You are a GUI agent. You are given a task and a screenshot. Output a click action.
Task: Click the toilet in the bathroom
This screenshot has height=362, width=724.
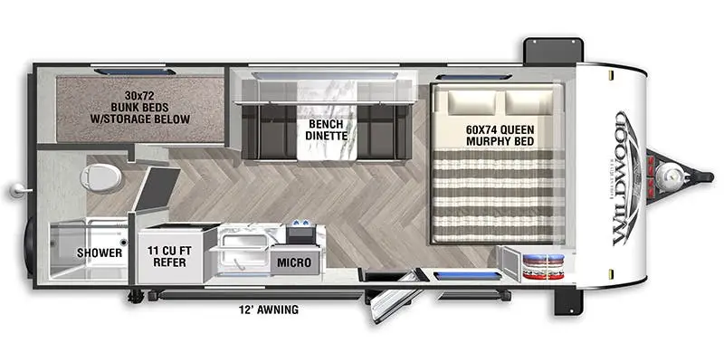coord(101,178)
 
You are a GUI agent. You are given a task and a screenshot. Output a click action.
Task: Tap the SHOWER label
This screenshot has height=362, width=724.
coord(100,253)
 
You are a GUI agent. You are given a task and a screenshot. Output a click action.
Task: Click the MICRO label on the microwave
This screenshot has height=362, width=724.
coord(294,262)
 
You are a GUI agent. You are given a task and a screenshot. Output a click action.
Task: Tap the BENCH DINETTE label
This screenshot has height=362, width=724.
coord(327,129)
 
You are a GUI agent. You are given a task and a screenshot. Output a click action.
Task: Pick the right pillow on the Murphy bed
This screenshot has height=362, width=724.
coord(529,102)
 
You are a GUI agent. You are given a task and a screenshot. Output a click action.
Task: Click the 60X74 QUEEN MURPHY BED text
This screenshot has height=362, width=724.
coord(500,135)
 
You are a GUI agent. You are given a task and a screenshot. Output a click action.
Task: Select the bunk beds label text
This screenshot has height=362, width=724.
coord(140,108)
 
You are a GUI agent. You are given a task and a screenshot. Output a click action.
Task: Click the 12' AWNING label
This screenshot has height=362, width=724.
coord(270,310)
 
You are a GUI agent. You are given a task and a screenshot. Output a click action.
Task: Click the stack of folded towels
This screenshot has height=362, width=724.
coord(544,266)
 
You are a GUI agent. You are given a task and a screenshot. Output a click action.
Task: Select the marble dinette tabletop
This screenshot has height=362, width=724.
coord(327,120)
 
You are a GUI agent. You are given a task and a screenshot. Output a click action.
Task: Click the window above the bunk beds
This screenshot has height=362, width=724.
coord(135,71)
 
